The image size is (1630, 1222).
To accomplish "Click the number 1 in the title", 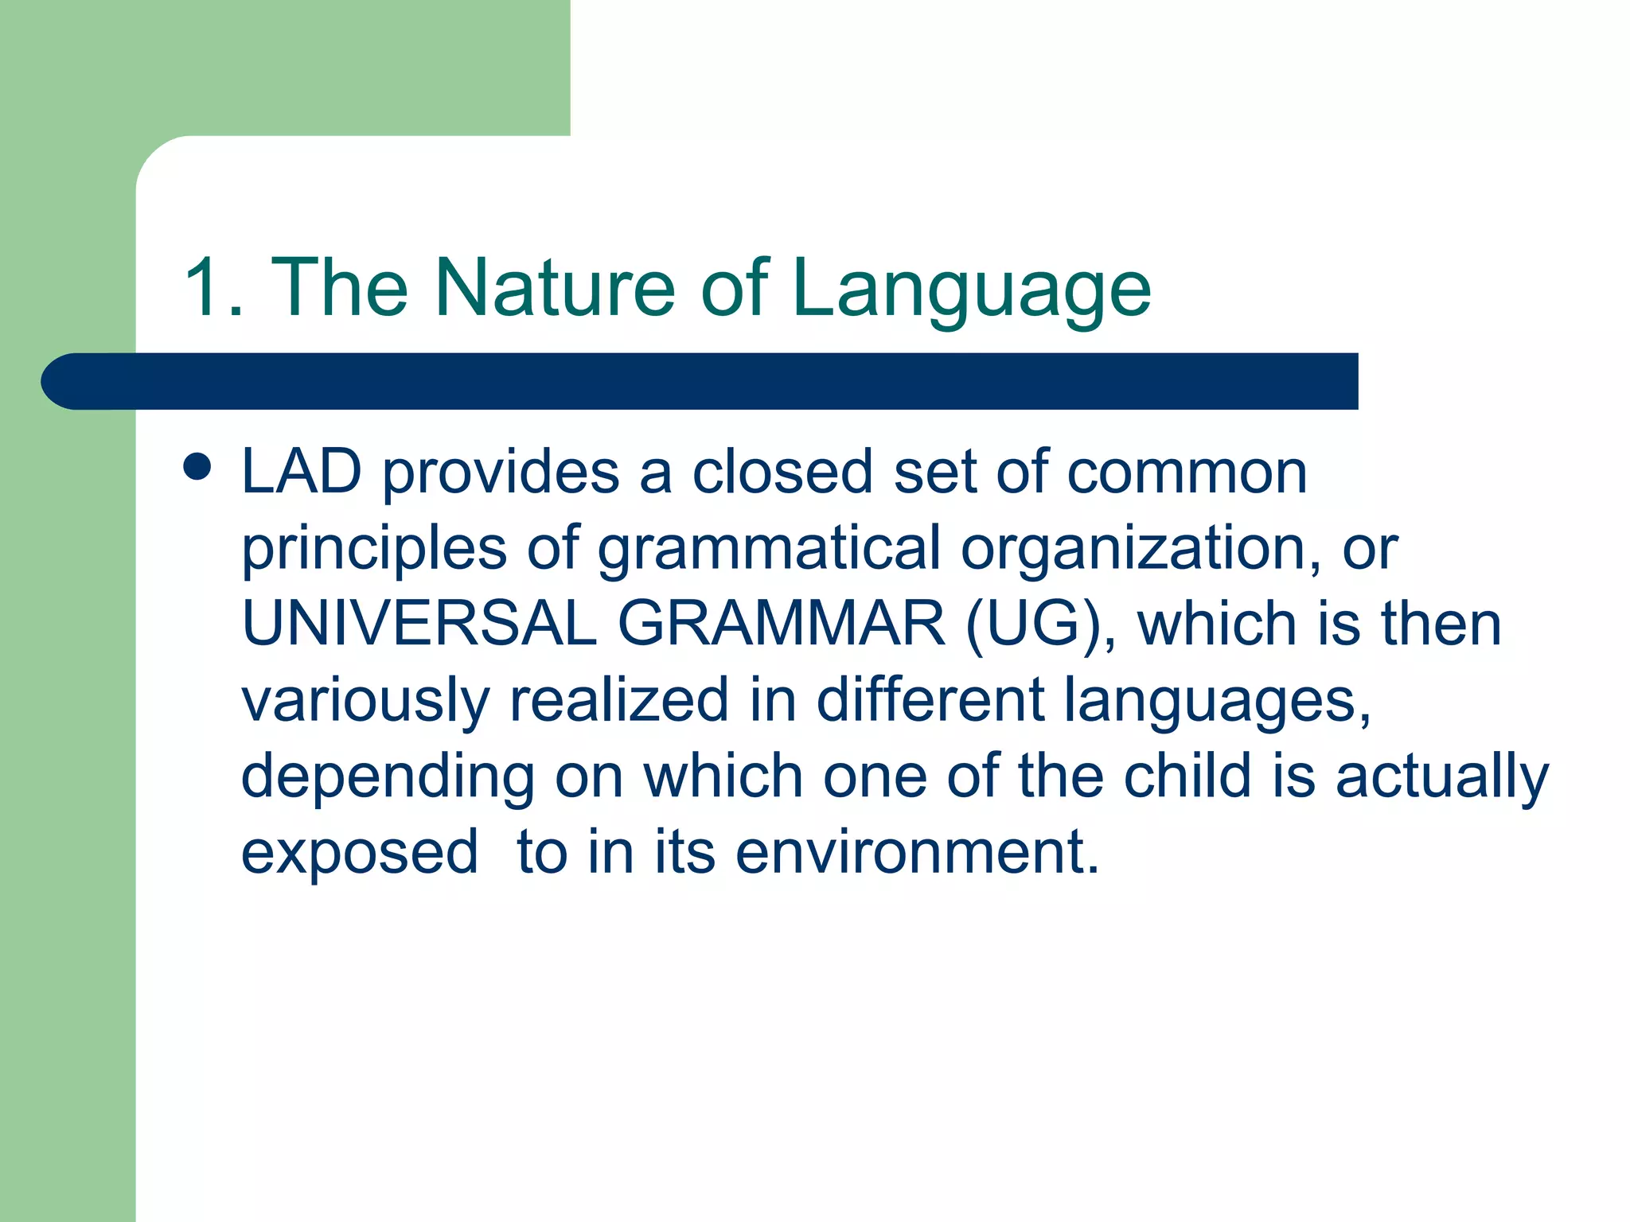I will (x=203, y=288).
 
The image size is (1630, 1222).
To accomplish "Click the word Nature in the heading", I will (x=555, y=288).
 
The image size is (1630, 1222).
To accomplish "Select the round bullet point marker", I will (x=197, y=467).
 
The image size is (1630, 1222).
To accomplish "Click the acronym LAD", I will (x=302, y=472).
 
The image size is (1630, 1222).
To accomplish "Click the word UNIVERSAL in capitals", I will (x=419, y=623).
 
